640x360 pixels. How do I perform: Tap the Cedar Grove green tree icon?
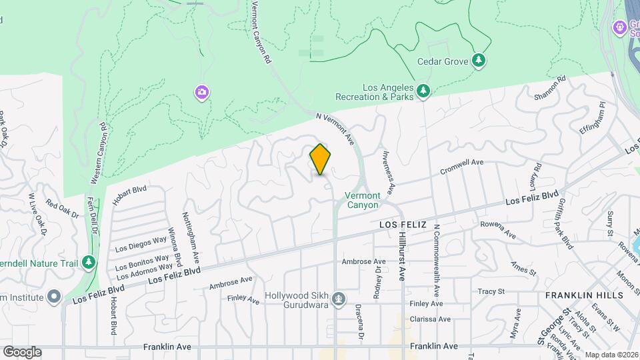[x=479, y=61]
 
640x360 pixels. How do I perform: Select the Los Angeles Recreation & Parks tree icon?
[x=422, y=91]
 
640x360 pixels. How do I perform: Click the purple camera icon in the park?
[x=201, y=92]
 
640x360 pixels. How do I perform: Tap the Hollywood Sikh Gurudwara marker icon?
[x=339, y=297]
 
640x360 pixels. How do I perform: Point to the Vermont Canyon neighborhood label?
[x=363, y=200]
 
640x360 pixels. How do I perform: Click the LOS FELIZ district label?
[x=403, y=225]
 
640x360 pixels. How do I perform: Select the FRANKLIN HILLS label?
[x=583, y=295]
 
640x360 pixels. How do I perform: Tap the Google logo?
[x=22, y=351]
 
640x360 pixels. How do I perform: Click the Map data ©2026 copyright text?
[x=611, y=355]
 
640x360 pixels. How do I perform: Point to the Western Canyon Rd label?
[x=97, y=153]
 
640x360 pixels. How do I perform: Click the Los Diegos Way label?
[x=141, y=245]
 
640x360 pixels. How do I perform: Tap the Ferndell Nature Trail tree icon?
[x=89, y=262]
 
